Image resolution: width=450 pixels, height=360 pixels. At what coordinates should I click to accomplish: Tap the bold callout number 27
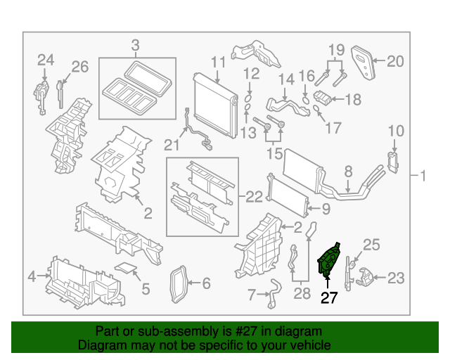(329, 298)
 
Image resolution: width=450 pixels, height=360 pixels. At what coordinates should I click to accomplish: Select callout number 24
(46, 60)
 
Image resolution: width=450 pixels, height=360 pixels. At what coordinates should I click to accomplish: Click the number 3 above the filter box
(135, 46)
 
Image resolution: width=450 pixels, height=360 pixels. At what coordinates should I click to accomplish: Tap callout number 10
(396, 131)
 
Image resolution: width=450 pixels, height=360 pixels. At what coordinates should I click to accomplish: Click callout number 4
(31, 276)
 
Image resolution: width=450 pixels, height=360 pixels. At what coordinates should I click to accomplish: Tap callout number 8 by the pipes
(347, 170)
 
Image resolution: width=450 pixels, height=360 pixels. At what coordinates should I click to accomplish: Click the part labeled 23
(364, 278)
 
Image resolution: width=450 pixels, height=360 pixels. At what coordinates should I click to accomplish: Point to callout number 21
(168, 145)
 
